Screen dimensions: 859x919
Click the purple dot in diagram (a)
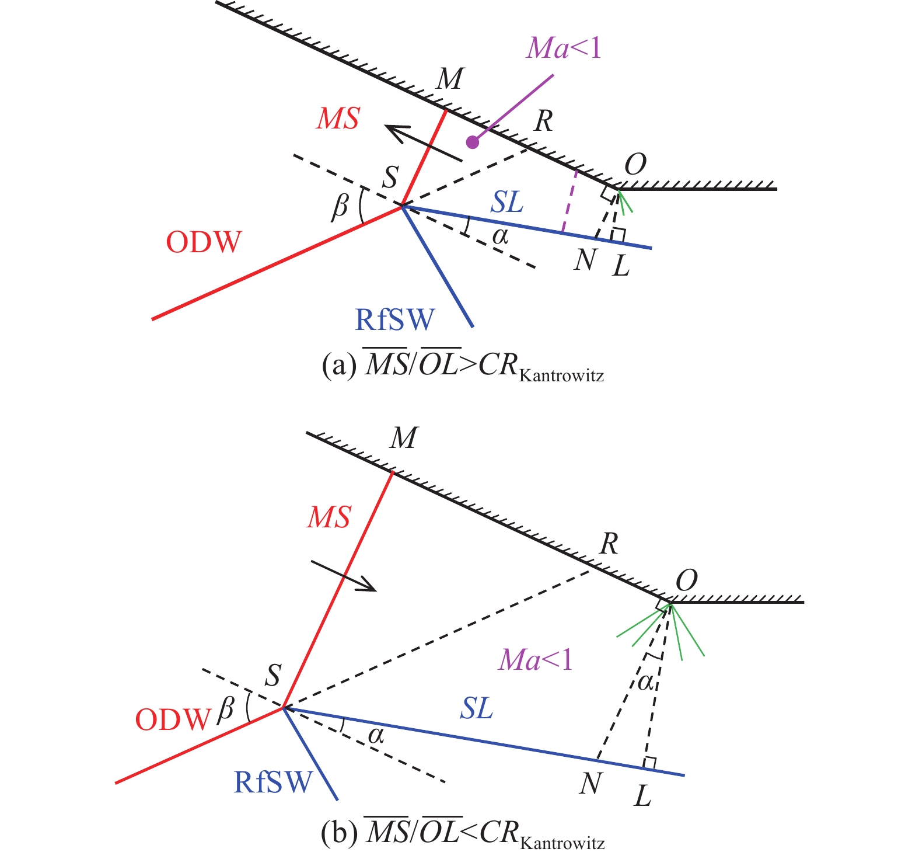click(473, 142)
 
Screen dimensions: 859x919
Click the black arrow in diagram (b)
click(344, 576)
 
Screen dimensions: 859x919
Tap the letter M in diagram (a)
click(450, 78)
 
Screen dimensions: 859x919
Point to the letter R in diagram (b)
click(609, 544)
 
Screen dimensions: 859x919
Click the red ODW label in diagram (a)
click(204, 242)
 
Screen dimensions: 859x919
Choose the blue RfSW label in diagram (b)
click(273, 782)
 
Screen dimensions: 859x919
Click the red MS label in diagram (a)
click(338, 119)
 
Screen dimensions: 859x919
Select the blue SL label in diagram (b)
click(477, 708)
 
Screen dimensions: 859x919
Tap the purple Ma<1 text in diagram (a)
click(563, 48)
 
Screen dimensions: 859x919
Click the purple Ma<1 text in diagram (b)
click(536, 660)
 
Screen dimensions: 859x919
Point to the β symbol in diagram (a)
click(340, 206)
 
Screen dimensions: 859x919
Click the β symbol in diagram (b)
click(225, 710)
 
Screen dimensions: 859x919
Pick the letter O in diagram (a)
click(635, 165)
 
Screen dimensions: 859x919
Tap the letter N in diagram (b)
click(590, 784)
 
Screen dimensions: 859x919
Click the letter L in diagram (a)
click(621, 266)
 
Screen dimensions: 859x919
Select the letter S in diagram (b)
click(273, 676)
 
